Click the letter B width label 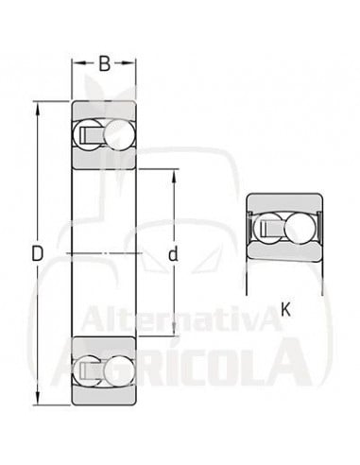point(104,64)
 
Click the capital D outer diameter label point(37,253)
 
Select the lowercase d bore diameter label point(173,253)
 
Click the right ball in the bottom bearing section point(118,371)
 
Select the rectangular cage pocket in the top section point(93,134)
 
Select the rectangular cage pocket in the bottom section point(93,371)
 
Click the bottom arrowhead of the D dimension point(38,402)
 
